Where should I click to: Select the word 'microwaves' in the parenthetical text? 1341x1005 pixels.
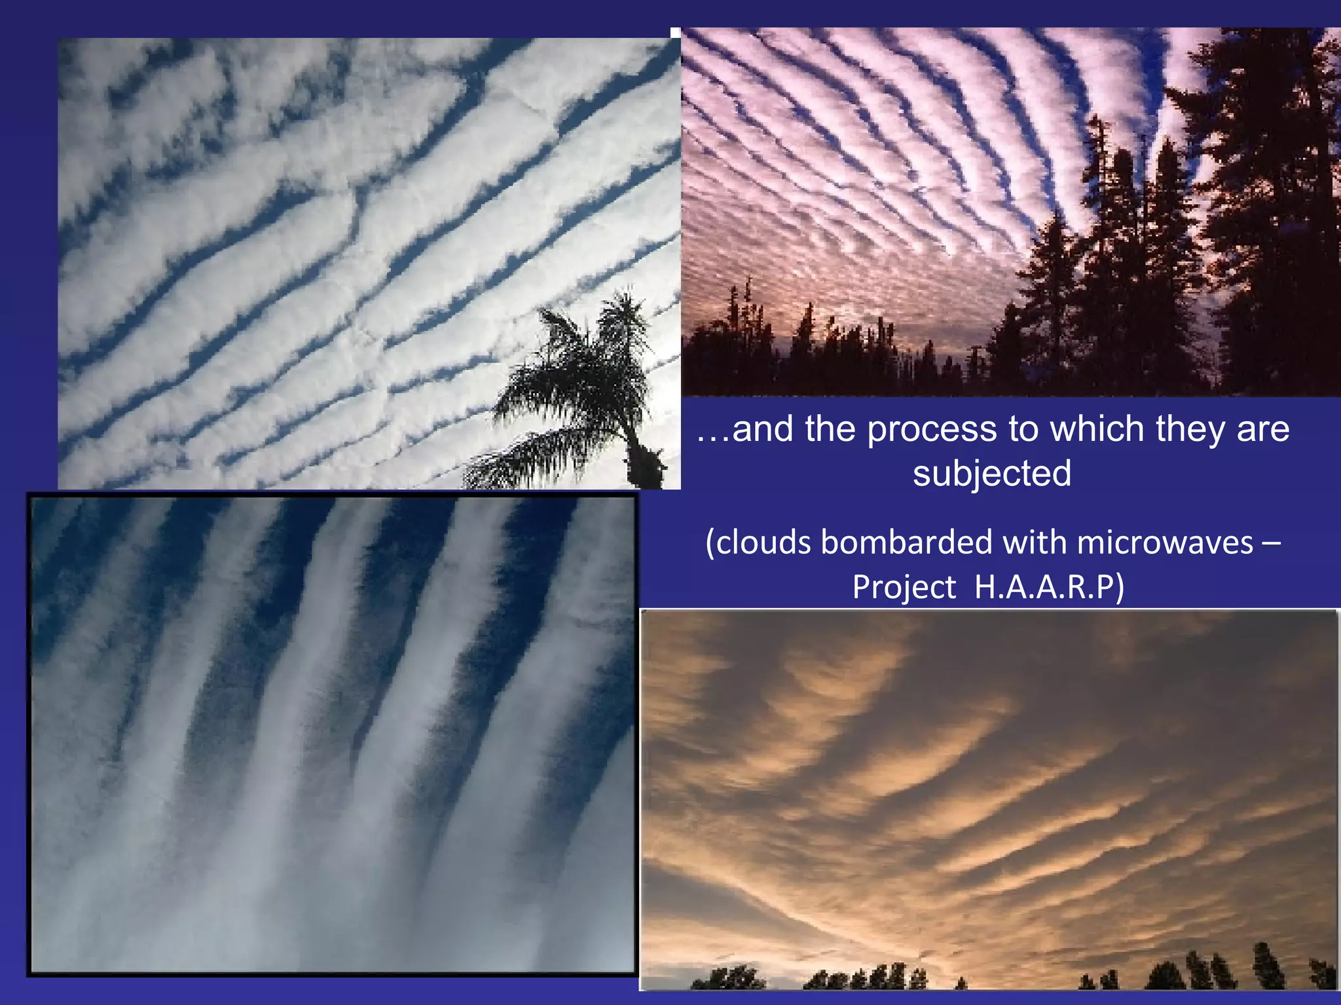(x=1165, y=542)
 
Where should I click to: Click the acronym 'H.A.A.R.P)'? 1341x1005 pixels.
(x=1049, y=586)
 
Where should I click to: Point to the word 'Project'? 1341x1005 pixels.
(x=904, y=586)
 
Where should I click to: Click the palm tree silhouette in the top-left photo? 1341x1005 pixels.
(x=576, y=386)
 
